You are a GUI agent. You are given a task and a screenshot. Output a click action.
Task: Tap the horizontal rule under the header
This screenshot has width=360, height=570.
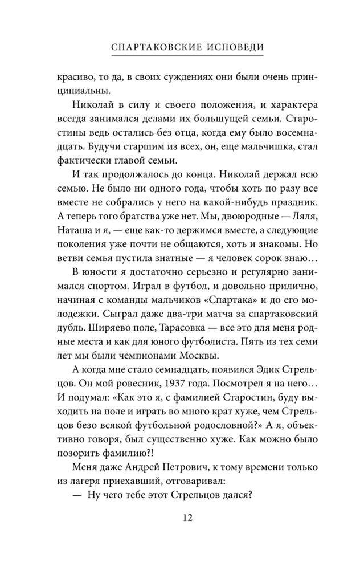(179, 57)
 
